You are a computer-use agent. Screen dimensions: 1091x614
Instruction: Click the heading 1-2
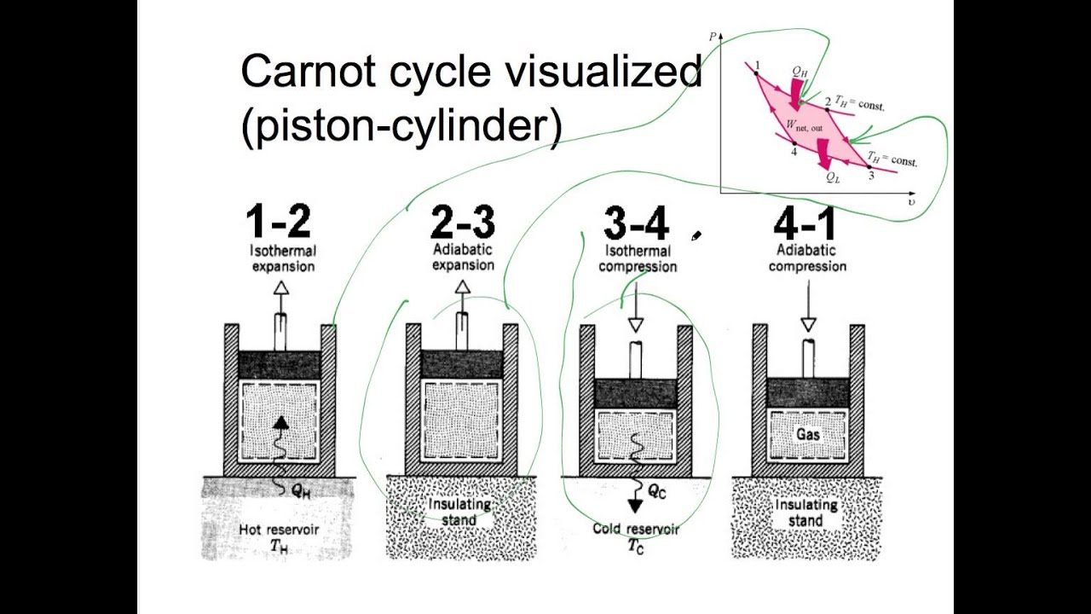279,223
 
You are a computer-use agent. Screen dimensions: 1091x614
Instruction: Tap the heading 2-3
462,223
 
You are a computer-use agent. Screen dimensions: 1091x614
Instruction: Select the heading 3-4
636,223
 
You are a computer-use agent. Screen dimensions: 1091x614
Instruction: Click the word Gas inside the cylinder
808,434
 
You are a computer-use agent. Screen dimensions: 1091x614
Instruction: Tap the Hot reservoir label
280,530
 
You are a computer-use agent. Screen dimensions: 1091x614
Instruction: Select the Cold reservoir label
636,530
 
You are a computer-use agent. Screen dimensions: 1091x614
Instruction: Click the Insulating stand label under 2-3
459,511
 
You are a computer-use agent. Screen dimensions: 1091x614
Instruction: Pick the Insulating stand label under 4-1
805,512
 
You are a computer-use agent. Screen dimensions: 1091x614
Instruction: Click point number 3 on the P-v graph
870,175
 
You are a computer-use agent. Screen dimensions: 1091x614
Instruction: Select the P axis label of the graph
712,37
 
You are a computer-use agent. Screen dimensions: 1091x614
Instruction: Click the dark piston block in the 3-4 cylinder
635,393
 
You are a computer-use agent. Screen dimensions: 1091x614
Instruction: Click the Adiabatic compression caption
807,258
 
